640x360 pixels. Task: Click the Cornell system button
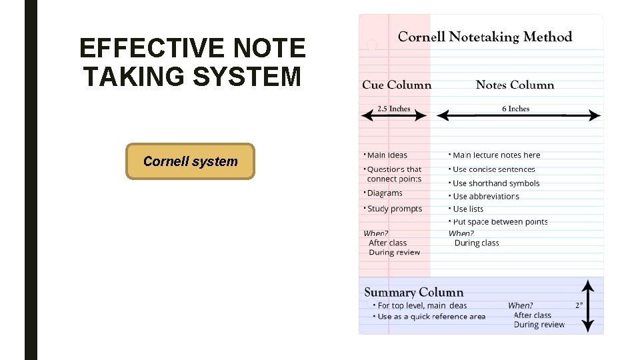pos(190,161)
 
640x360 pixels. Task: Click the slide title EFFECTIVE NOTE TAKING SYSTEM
pos(192,63)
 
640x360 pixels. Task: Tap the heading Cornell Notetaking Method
pos(485,37)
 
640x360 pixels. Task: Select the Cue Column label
pos(397,85)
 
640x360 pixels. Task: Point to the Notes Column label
pos(515,85)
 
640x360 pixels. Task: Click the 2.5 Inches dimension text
pos(393,109)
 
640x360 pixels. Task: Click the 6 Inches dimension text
pos(515,109)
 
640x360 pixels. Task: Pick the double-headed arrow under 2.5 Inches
pos(393,116)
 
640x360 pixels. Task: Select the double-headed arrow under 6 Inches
pos(518,116)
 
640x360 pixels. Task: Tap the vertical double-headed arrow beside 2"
pos(587,306)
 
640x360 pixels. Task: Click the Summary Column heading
pos(413,292)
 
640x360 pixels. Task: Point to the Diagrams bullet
pos(385,193)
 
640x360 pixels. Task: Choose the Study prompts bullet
pos(394,209)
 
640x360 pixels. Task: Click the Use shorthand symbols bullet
pos(495,183)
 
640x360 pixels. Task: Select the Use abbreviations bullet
pos(485,197)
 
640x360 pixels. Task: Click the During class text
pos(477,243)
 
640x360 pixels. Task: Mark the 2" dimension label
pos(579,305)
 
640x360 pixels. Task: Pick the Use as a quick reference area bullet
pos(431,317)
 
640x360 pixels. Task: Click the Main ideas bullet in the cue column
pos(387,155)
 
